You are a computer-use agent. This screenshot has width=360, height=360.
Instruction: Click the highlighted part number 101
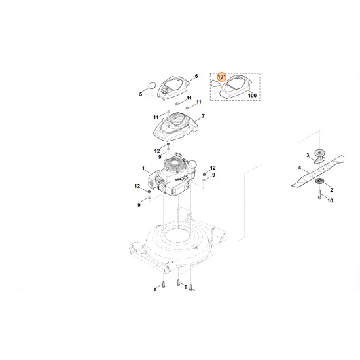tap(221, 78)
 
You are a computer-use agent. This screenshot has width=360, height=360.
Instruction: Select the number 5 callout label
tap(140, 95)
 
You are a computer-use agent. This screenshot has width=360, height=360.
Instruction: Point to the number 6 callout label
tap(196, 76)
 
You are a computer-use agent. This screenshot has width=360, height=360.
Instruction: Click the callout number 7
tap(204, 116)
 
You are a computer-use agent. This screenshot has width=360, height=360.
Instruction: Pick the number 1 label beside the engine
tap(143, 169)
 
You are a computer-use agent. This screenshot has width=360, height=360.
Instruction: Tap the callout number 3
tap(308, 154)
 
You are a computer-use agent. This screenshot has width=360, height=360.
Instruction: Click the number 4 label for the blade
tap(300, 168)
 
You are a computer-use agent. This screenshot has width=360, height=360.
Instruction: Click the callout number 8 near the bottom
tap(185, 287)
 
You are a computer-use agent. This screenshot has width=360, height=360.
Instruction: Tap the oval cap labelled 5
tap(151, 85)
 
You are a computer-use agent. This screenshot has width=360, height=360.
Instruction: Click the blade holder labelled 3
tap(320, 158)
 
